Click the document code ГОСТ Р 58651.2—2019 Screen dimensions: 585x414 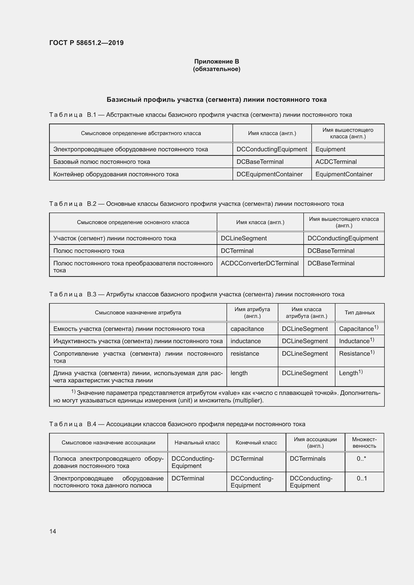[x=86, y=43]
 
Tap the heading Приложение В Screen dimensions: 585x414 [x=217, y=62]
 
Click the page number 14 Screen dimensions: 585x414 [x=53, y=531]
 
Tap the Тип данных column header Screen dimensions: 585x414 [x=359, y=313]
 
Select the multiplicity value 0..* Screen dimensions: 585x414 [x=361, y=459]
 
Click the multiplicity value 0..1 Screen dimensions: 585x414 [x=361, y=478]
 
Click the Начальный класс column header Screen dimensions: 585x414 [x=197, y=443]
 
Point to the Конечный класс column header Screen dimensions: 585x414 [x=256, y=443]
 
